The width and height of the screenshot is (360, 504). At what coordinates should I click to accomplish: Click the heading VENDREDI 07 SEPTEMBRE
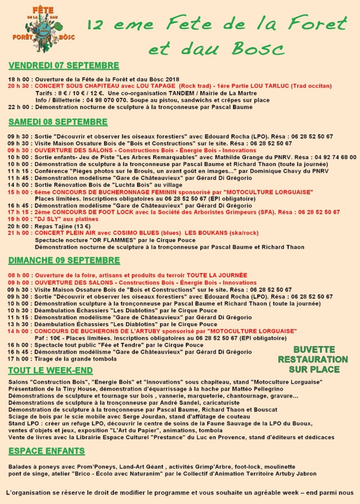pos(64,66)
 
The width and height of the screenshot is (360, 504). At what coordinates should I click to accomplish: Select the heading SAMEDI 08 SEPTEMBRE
pos(58,122)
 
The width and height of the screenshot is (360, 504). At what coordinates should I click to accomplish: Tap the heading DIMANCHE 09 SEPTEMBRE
pos(64,260)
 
